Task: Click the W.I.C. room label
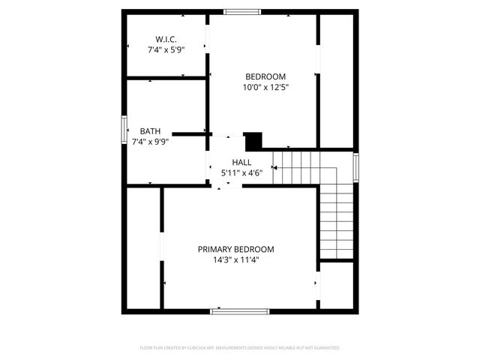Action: [166, 39]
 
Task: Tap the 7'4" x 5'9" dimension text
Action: [166, 49]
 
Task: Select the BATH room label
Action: [150, 130]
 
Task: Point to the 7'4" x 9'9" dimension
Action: [150, 141]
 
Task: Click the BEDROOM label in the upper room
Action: [265, 76]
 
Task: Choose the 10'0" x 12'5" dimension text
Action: [265, 87]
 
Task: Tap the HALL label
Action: [241, 162]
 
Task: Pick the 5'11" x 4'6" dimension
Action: [241, 172]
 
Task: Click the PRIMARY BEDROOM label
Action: [235, 249]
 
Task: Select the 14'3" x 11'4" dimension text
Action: [235, 260]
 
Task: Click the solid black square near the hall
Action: [253, 140]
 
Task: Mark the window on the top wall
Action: [242, 11]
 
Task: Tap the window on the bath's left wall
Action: [124, 129]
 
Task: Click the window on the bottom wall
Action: [239, 310]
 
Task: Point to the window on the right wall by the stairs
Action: [355, 167]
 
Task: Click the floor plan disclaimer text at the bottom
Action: [240, 348]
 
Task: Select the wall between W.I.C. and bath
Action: [166, 77]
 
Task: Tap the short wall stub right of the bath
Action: [193, 133]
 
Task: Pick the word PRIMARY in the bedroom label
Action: [214, 249]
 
